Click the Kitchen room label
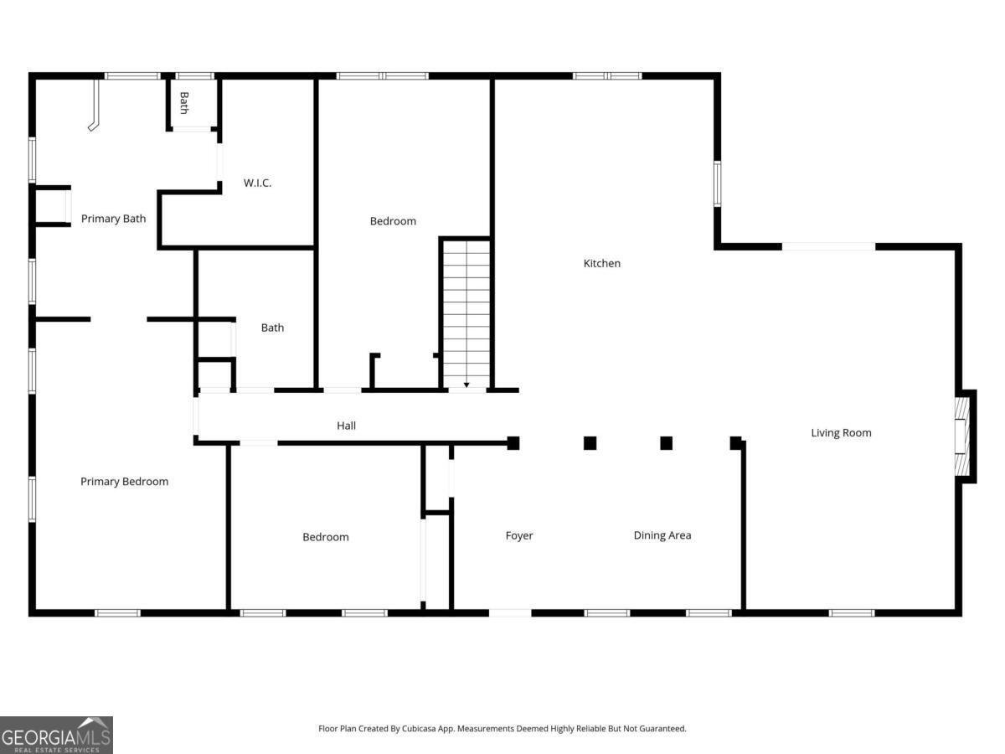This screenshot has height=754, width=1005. point(601,263)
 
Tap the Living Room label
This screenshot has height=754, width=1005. point(841,432)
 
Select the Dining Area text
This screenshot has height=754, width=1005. point(662,535)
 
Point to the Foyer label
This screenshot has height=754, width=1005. point(518,535)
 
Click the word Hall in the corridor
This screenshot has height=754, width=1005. point(346,426)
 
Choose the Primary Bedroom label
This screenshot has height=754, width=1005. point(124,481)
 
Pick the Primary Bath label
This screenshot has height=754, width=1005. point(113,219)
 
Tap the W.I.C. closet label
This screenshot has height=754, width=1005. point(257,183)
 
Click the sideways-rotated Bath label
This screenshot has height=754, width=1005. point(184,102)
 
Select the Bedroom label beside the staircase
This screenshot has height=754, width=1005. point(393,221)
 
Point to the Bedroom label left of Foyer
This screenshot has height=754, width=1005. point(325,537)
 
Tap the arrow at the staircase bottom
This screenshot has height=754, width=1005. point(466,385)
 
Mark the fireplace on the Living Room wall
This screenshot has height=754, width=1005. point(963,436)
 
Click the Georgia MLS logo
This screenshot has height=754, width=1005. point(56,735)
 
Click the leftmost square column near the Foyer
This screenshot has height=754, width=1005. point(513,443)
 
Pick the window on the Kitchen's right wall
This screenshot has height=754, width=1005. point(718,183)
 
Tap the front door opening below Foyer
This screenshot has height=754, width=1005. point(510,613)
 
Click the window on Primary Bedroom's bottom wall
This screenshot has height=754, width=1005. point(117,613)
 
